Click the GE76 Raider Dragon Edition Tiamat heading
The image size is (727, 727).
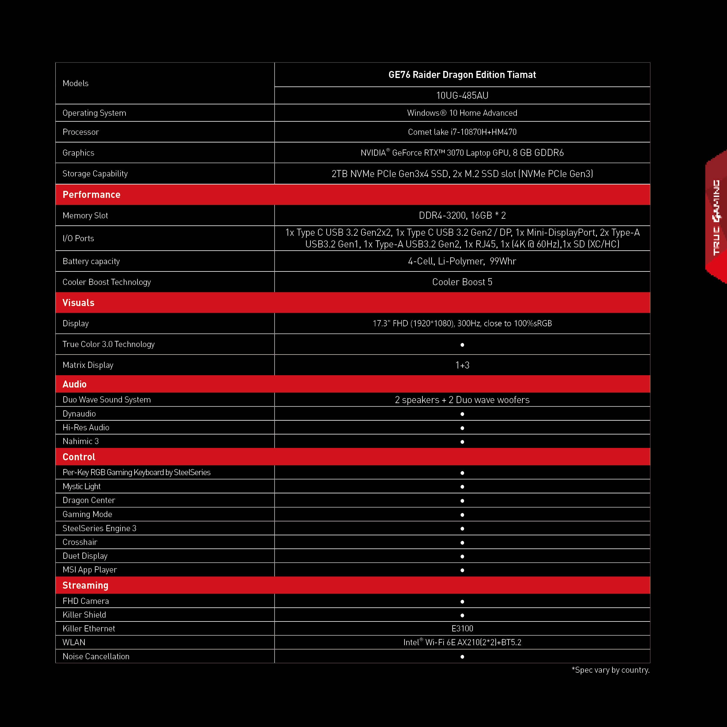pyautogui.click(x=462, y=75)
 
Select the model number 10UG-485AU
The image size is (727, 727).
pyautogui.click(x=462, y=96)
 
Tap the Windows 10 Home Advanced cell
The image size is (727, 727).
pyautogui.click(x=462, y=113)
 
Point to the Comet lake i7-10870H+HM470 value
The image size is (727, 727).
pyautogui.click(x=462, y=132)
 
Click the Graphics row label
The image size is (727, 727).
pyautogui.click(x=78, y=153)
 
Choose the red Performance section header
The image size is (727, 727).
pyautogui.click(x=91, y=195)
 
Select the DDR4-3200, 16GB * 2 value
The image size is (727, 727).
pyautogui.click(x=462, y=216)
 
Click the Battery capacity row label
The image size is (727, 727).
pyautogui.click(x=91, y=261)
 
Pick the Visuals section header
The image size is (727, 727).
pyautogui.click(x=78, y=303)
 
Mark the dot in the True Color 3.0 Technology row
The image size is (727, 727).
pyautogui.click(x=462, y=345)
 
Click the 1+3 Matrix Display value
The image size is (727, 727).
pyautogui.click(x=462, y=365)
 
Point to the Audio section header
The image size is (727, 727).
pyautogui.click(x=74, y=384)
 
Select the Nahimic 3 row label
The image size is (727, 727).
pyautogui.click(x=81, y=441)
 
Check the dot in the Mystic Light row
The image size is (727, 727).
pyautogui.click(x=462, y=487)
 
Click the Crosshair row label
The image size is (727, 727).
pyautogui.click(x=80, y=542)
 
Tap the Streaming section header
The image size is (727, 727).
pyautogui.click(x=85, y=585)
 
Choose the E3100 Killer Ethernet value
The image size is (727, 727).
pyautogui.click(x=462, y=629)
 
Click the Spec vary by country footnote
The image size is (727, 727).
pyautogui.click(x=610, y=670)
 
